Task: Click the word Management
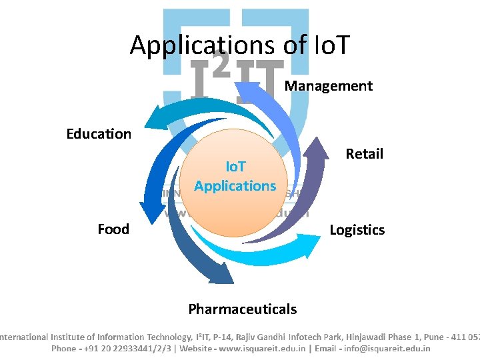point(328,86)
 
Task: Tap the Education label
point(99,134)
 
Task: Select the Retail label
point(364,154)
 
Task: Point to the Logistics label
point(357,230)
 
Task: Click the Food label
point(113,229)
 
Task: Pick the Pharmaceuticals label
point(242,309)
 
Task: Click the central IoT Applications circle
point(235,180)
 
